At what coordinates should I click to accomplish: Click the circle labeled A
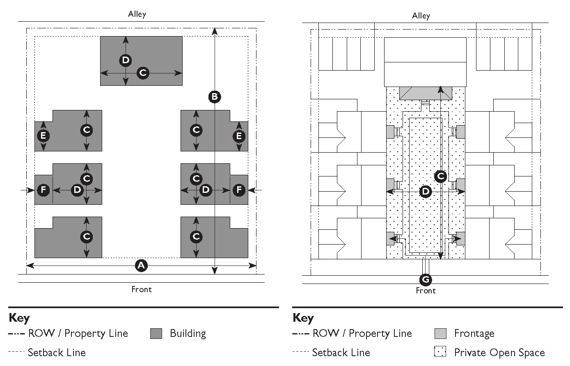coord(141,265)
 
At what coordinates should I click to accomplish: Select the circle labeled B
coord(214,97)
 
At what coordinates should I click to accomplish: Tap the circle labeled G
coord(426,280)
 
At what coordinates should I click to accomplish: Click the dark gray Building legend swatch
coord(156,334)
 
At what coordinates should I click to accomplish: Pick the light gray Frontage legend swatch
coord(440,334)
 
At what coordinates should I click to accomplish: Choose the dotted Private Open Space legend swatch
coord(440,352)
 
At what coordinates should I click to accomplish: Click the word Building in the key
coord(188,334)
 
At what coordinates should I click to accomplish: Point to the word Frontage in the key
coord(474,334)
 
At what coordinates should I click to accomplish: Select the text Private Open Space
coord(499,352)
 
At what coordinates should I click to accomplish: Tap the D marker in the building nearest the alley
coord(126,60)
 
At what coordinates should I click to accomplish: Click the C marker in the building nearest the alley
coord(143,73)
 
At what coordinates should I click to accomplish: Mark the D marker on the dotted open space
coord(426,191)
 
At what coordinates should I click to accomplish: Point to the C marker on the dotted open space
coord(440,176)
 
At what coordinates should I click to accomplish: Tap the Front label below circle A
coord(141,289)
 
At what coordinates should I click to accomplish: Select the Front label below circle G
coord(426,291)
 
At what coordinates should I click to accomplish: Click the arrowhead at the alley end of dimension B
coord(215,30)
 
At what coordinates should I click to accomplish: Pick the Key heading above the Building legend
coord(19,318)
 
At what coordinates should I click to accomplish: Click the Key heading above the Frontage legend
coord(303,318)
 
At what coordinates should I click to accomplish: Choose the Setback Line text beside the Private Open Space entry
coord(341,352)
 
